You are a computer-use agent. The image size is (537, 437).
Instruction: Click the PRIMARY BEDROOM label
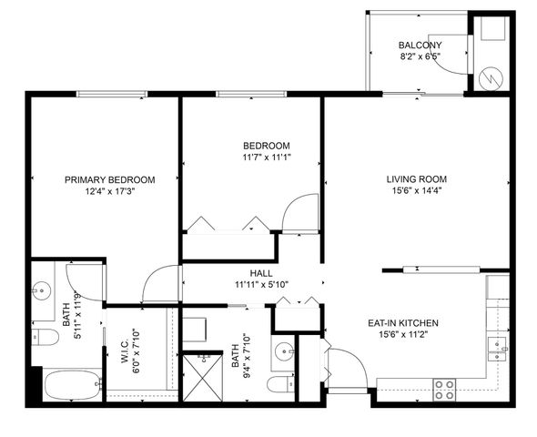click(109, 179)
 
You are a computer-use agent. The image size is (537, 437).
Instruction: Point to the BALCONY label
click(420, 46)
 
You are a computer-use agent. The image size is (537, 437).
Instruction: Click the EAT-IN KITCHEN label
click(403, 323)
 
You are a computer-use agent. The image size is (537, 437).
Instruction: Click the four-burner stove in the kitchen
click(444, 389)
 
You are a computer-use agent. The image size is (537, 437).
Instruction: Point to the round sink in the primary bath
click(41, 291)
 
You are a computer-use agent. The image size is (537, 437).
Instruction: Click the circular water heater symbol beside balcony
click(491, 77)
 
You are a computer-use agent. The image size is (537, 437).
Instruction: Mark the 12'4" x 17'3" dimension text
click(109, 192)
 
